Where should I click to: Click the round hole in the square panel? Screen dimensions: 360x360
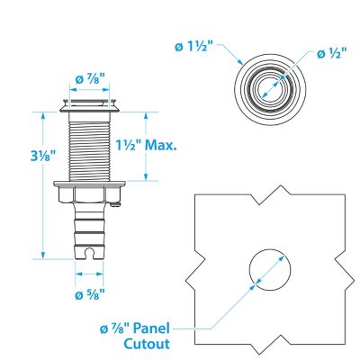(269, 267)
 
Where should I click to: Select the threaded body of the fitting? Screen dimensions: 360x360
(87, 144)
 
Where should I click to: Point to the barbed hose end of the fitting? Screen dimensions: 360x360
(87, 229)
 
